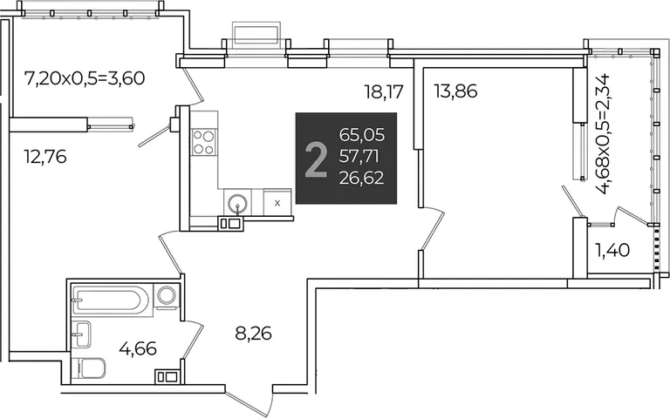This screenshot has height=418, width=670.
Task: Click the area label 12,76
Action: coord(45,158)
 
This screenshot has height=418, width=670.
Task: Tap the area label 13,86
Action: coord(455,91)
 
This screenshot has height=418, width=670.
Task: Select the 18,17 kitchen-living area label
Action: coord(383,91)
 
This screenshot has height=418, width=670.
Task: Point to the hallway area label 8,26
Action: coord(253,334)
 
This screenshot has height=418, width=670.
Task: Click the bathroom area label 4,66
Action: coord(138,348)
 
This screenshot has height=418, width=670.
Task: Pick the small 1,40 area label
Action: coord(612,250)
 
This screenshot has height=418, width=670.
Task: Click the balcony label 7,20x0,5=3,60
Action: coord(85,78)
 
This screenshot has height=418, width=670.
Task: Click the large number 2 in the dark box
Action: coord(316,160)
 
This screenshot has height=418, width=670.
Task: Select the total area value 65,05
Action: coord(362,135)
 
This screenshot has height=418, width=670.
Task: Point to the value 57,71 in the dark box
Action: coord(359,157)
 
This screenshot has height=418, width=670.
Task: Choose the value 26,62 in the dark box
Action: coord(361,178)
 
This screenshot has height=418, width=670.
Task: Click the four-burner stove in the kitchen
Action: coord(204,143)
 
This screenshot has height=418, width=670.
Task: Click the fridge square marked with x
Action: coord(277,203)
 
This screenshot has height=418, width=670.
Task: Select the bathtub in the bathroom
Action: coord(111,300)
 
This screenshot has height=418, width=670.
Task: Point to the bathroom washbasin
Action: coord(81,334)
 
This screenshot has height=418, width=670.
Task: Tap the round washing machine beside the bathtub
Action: coord(167,295)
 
